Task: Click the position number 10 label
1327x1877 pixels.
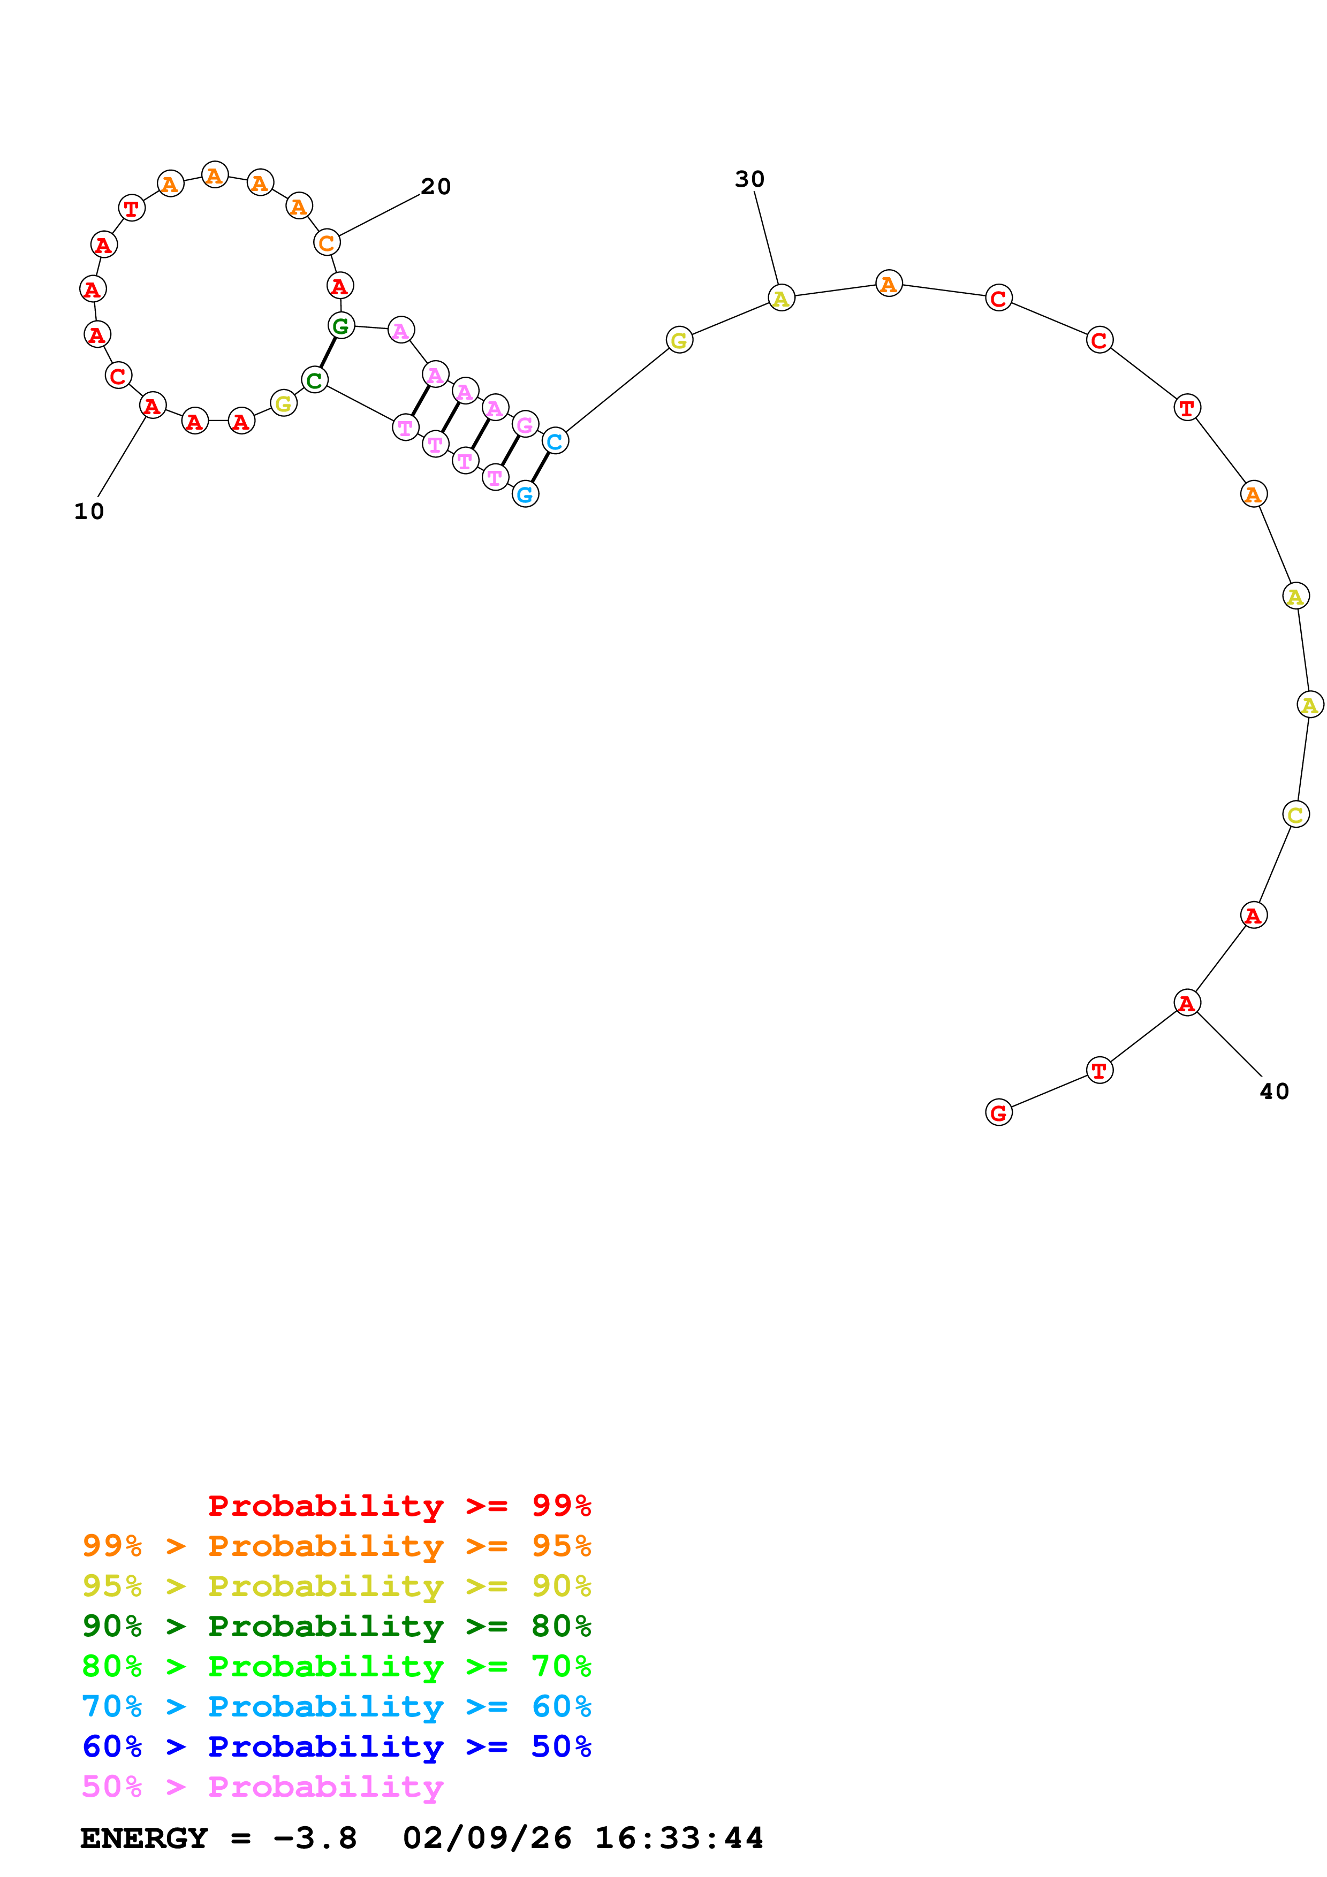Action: point(89,512)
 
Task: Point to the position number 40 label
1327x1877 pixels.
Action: point(1274,1092)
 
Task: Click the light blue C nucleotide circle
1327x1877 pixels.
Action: point(555,441)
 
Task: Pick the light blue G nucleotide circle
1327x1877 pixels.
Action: point(525,494)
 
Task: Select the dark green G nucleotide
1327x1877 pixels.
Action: point(341,325)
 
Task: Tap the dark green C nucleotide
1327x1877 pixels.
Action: point(315,379)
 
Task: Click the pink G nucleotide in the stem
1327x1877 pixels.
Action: point(525,424)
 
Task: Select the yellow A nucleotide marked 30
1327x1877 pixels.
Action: point(782,299)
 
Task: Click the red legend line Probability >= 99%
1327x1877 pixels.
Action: point(399,1506)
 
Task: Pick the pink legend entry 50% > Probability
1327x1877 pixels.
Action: point(262,1787)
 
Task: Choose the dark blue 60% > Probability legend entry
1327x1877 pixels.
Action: point(336,1747)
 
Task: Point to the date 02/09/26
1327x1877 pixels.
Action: point(487,1838)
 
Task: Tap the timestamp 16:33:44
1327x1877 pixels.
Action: point(679,1838)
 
